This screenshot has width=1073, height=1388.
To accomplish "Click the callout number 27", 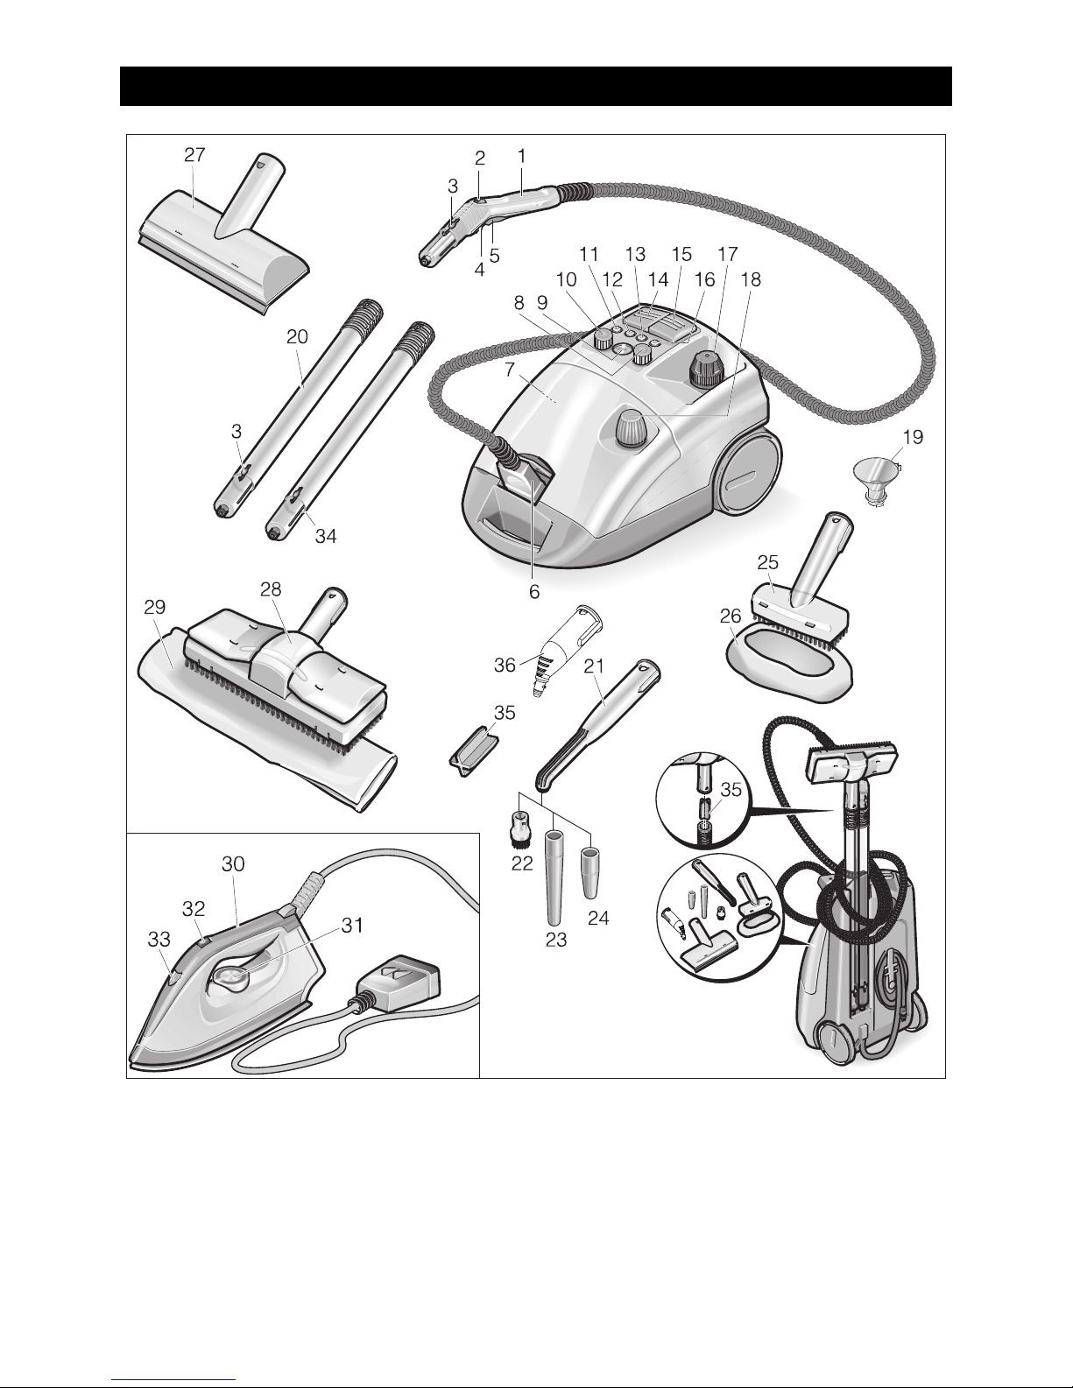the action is coord(194,155).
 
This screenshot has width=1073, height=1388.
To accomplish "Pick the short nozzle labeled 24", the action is coord(589,865).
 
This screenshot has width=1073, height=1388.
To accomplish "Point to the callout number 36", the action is coord(505,666).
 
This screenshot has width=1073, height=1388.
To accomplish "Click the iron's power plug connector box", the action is coord(399,984).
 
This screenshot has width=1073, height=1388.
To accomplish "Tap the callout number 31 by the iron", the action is coord(352,925).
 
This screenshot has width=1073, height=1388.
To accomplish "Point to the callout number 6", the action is coord(534,592).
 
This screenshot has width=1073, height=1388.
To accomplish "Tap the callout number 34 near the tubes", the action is coord(326,536).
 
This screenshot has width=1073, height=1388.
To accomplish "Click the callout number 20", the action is coord(297,336).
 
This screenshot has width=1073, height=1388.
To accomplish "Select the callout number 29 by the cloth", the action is coord(155,607).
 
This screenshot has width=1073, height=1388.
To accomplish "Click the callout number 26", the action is coord(731,616).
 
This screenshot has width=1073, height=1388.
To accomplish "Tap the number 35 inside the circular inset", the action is coord(731,790).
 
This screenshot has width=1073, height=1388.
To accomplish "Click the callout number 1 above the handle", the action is coord(522,155).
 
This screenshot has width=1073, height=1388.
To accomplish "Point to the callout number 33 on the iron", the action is coord(159,939).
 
